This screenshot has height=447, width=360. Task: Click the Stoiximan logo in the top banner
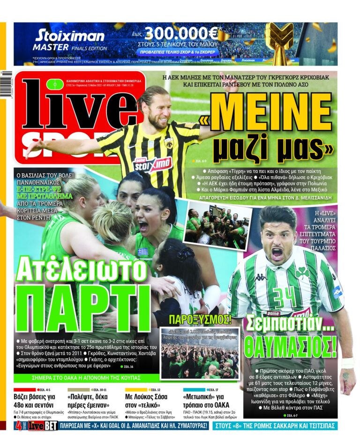click(70, 36)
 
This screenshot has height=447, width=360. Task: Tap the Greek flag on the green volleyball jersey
click(143, 252)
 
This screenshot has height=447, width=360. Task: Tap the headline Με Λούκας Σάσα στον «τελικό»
click(146, 401)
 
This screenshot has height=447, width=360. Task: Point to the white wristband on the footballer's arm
click(347, 363)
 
